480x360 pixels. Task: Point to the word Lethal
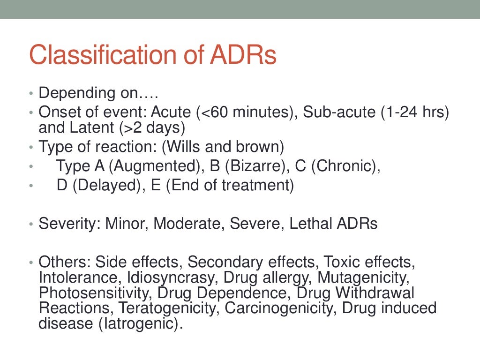(310, 224)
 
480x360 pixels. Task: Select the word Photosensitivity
(96, 293)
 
